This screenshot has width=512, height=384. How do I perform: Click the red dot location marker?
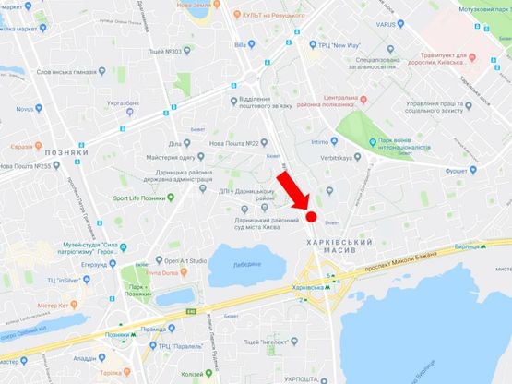[x=312, y=217]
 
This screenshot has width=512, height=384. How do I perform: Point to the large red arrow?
[x=294, y=191]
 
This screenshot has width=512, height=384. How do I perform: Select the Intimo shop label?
[x=319, y=142]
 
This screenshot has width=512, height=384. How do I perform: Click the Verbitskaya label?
[x=351, y=157]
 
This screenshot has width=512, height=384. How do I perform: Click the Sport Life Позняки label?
[x=144, y=198]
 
